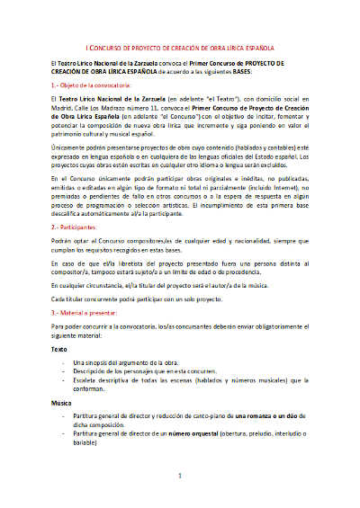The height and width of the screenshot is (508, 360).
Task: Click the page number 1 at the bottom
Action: [x=180, y=474]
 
